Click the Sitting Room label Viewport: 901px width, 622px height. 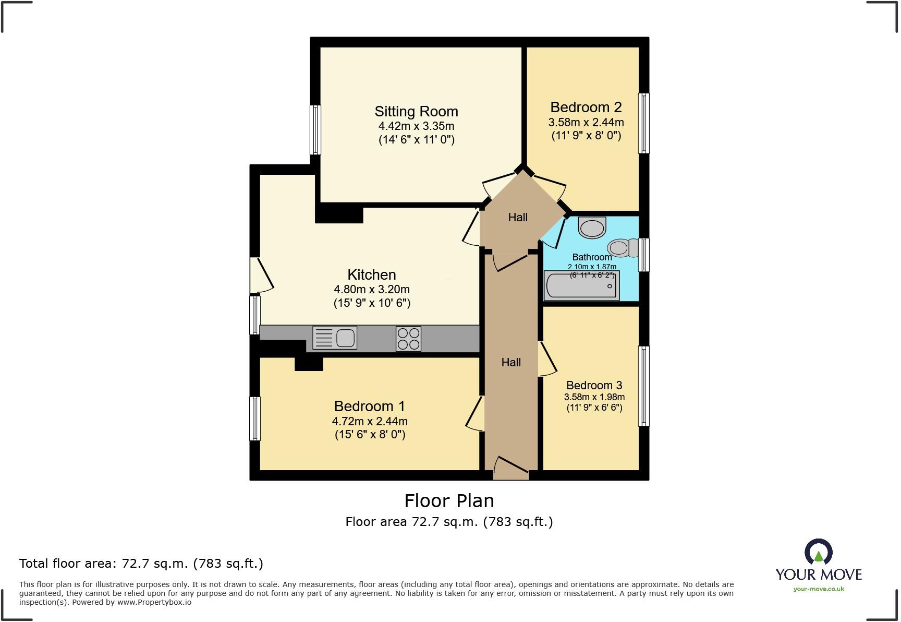(416, 112)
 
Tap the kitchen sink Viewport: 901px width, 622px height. (335, 338)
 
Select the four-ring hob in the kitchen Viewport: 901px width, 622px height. (408, 338)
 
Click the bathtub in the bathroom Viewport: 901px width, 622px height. (581, 286)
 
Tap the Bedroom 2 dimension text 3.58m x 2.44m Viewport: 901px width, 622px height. (586, 123)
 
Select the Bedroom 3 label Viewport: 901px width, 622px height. (594, 386)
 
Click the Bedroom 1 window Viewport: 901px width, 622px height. (255, 418)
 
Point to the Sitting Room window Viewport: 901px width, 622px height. (315, 130)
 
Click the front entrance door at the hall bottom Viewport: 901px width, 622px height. (511, 469)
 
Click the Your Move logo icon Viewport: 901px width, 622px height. (818, 552)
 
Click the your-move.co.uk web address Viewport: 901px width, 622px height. (819, 589)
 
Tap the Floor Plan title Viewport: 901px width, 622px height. (449, 501)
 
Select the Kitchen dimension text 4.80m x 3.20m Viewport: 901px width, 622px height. (372, 290)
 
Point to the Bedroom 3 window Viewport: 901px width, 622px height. (644, 386)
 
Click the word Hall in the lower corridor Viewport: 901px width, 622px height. (511, 363)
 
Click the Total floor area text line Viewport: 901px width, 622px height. (141, 564)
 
